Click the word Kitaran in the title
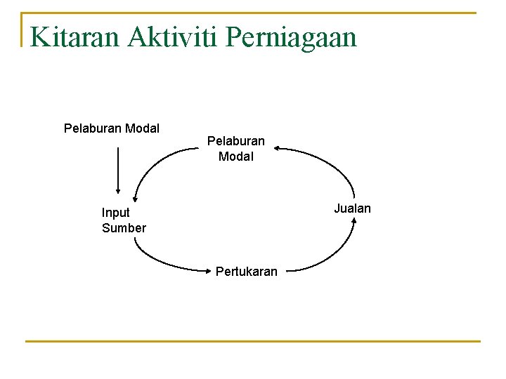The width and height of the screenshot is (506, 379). (x=76, y=36)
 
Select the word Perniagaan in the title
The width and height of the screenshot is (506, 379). (x=292, y=36)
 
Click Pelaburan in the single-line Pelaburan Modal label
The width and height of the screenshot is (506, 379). (x=93, y=128)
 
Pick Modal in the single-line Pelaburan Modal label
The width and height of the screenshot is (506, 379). (x=143, y=128)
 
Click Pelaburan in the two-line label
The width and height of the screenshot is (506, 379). (x=236, y=141)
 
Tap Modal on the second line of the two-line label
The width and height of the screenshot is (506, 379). (x=236, y=157)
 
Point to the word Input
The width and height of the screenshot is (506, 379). (x=115, y=212)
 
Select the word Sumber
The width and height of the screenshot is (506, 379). (x=124, y=228)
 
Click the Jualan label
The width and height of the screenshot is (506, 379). (x=352, y=208)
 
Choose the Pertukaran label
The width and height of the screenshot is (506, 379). (x=246, y=272)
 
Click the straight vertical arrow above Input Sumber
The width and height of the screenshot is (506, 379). (x=118, y=168)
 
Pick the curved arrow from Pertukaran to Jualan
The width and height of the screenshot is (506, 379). (x=336, y=254)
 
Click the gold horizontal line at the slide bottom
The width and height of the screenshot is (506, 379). (x=253, y=342)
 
